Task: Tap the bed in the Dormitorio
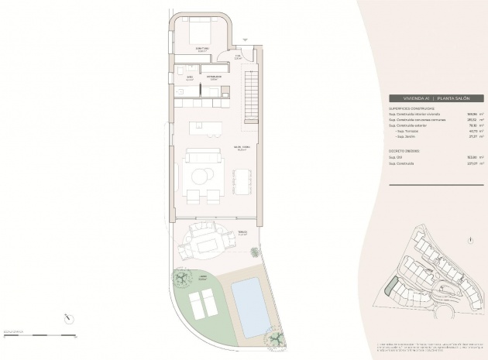[x=199, y=33]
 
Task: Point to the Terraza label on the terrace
[x=242, y=231]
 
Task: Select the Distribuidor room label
[x=213, y=77]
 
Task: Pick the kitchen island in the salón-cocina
[x=207, y=125]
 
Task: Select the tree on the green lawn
[x=179, y=276]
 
